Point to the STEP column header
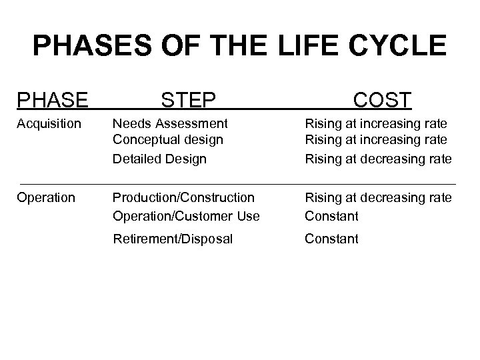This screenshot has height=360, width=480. click(x=188, y=101)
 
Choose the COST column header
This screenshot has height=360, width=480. click(x=382, y=101)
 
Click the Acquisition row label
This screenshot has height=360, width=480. click(x=49, y=124)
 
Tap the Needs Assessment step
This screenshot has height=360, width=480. click(x=170, y=124)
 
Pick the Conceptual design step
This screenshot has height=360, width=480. click(x=167, y=140)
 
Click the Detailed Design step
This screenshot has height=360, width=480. click(x=159, y=159)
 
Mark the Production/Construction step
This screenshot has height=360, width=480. click(x=183, y=198)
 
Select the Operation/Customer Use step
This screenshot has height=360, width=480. click(x=186, y=216)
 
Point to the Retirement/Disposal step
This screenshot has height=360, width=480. click(x=173, y=239)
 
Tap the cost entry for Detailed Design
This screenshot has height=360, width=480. click(x=378, y=159)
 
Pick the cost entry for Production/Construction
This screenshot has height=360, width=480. click(x=378, y=198)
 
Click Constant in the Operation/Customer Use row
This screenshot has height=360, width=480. click(x=331, y=216)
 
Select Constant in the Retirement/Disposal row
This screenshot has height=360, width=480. click(x=331, y=239)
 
